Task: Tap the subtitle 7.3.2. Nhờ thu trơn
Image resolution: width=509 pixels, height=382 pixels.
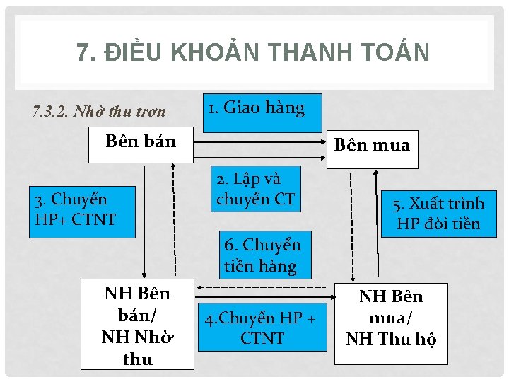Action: tap(99, 112)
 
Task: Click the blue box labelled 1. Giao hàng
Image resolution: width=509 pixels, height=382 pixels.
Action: tap(262, 112)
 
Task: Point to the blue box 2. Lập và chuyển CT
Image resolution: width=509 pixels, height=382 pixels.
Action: tap(255, 189)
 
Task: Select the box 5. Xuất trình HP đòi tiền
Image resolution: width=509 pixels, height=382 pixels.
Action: tap(438, 214)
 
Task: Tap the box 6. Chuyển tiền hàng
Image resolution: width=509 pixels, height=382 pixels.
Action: tap(262, 255)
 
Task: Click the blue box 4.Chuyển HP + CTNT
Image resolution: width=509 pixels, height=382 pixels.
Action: tap(262, 329)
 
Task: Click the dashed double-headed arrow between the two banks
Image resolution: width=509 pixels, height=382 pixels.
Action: tap(267, 287)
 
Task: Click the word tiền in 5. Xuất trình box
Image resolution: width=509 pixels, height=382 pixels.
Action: tap(464, 224)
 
